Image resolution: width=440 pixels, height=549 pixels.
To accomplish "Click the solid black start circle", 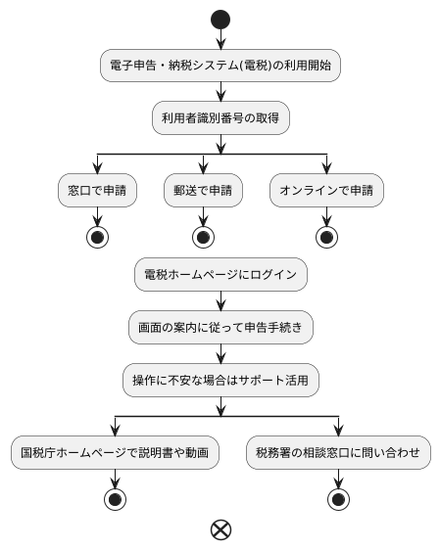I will point(220,20).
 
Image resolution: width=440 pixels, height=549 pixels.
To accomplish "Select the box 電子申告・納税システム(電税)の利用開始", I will point(220,67).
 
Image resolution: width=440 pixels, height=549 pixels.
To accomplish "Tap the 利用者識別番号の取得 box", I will point(220,118).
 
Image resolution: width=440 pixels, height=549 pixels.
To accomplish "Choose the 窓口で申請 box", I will point(96,191).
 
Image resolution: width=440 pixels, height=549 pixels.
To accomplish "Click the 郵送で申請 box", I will point(203,191).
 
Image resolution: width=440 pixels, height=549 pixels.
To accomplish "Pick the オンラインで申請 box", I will point(327,191).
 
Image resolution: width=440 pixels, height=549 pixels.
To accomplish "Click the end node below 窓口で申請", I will point(96,237).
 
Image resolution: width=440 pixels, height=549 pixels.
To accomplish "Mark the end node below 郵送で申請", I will point(203,237).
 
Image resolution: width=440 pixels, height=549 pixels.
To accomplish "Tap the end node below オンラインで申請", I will point(327,237).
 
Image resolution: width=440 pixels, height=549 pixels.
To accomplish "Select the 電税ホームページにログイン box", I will point(220,275).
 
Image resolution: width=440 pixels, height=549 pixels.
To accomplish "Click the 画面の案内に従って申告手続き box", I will point(220,327).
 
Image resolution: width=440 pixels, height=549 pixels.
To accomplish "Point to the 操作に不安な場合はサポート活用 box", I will point(220,379).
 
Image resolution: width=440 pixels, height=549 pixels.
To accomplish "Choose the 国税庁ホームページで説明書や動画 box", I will point(115,452).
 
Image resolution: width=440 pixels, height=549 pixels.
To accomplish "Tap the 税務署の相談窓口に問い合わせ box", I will point(338,452).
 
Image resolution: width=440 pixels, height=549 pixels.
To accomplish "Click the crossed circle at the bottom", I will point(220,529).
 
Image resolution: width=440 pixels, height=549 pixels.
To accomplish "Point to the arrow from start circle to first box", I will point(220,39).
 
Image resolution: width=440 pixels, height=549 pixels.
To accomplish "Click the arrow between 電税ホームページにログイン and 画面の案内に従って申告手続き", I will point(220,300).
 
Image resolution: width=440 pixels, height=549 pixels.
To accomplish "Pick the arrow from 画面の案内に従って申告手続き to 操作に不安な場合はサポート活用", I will point(220,352).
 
